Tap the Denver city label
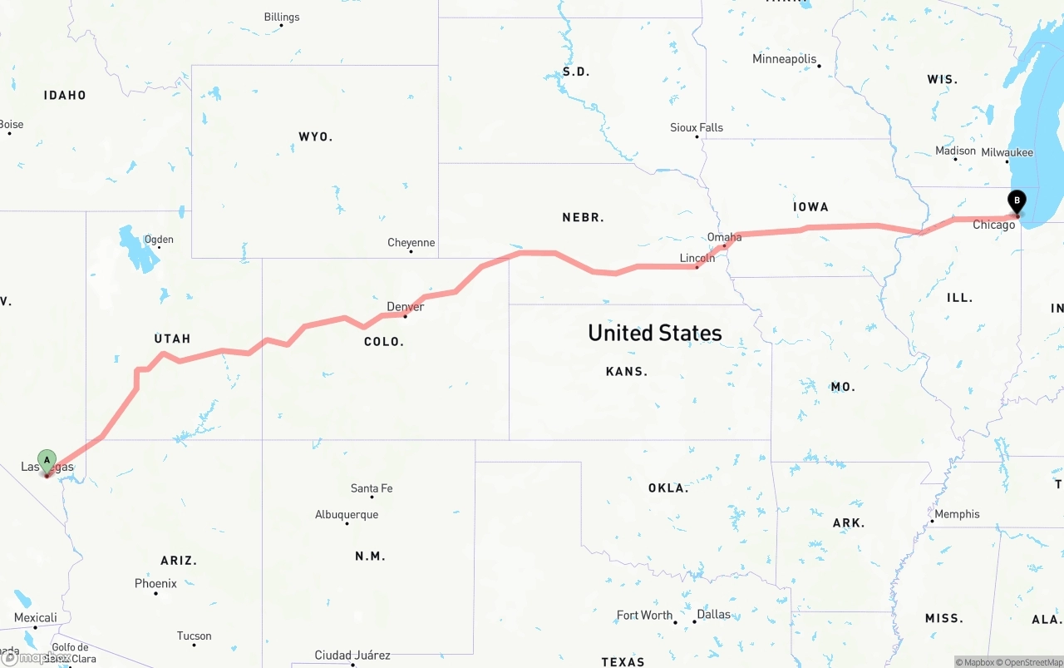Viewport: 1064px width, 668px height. pyautogui.click(x=406, y=307)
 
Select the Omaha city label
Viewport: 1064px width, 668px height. pyautogui.click(x=724, y=237)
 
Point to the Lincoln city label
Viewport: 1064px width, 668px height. pyautogui.click(x=697, y=258)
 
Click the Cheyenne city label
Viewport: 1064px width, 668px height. pyautogui.click(x=411, y=243)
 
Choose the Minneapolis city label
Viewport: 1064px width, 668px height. pyautogui.click(x=784, y=59)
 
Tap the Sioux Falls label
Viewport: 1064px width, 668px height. pyautogui.click(x=697, y=127)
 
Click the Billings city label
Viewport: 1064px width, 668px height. pyautogui.click(x=281, y=17)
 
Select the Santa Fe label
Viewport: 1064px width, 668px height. pyautogui.click(x=371, y=488)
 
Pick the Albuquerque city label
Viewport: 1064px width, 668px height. pyautogui.click(x=347, y=515)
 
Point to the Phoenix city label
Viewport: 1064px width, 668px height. pyautogui.click(x=155, y=584)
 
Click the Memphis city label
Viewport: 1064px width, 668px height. pyautogui.click(x=957, y=514)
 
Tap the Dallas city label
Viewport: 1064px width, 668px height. pyautogui.click(x=713, y=615)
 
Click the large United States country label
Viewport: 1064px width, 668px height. pyautogui.click(x=655, y=333)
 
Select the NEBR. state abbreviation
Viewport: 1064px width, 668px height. pyautogui.click(x=583, y=217)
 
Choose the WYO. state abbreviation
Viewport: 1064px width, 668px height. pyautogui.click(x=315, y=136)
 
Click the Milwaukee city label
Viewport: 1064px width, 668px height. pyautogui.click(x=1007, y=152)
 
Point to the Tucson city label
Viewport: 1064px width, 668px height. pyautogui.click(x=194, y=636)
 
